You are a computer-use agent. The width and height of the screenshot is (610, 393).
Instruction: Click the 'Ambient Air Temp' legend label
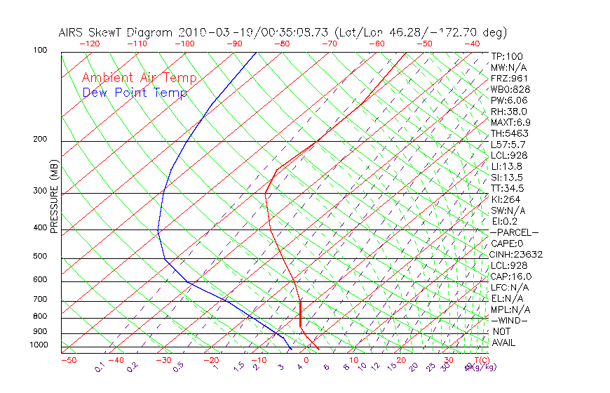(140, 78)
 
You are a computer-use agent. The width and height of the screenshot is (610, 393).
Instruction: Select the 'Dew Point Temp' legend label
(135, 93)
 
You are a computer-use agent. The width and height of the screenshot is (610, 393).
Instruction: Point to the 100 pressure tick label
(40, 51)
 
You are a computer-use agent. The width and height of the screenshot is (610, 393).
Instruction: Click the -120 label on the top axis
(89, 44)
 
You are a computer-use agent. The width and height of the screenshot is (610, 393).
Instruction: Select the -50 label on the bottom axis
(69, 360)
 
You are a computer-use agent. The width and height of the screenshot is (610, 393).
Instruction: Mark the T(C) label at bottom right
(477, 360)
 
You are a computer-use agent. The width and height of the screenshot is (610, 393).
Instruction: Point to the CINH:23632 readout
(517, 254)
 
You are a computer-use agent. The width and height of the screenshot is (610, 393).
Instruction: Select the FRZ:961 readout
(509, 79)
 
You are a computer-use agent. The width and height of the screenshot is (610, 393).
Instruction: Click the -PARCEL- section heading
(515, 232)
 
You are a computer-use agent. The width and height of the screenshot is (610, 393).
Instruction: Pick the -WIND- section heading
(510, 320)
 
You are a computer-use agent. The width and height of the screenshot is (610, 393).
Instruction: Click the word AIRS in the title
(74, 33)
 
